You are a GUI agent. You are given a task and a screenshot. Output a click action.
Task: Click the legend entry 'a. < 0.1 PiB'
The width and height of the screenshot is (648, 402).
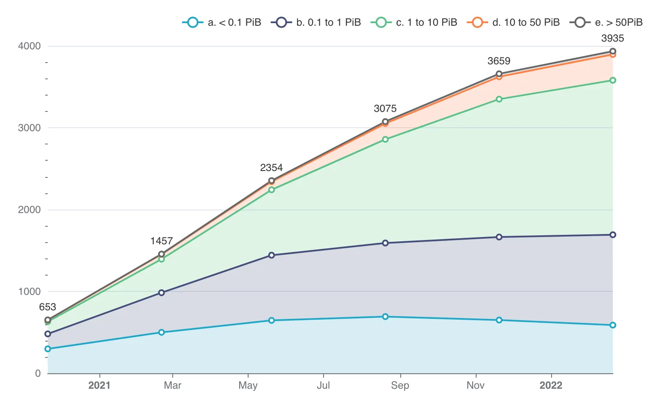(x=222, y=22)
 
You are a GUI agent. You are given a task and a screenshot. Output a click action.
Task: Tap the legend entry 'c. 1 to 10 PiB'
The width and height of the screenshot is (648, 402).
(x=415, y=22)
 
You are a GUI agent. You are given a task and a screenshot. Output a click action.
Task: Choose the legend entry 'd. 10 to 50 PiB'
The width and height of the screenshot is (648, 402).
(x=514, y=22)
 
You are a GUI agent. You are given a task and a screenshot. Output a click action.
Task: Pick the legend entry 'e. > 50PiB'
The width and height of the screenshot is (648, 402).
(x=606, y=22)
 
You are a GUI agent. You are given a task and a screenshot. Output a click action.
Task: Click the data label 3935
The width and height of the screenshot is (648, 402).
(x=612, y=38)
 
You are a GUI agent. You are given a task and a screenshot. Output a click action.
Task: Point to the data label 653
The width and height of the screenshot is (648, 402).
(x=48, y=307)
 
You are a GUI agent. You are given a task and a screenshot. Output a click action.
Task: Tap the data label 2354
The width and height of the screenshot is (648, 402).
(x=271, y=168)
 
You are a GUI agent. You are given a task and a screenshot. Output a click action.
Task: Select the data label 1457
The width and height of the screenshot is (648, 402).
(x=162, y=241)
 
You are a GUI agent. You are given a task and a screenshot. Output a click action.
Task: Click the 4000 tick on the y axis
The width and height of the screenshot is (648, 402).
(x=29, y=46)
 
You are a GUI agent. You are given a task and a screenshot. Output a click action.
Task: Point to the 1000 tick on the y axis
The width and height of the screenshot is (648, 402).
(x=29, y=291)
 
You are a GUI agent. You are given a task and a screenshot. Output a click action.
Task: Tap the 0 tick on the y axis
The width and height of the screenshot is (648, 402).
(x=38, y=373)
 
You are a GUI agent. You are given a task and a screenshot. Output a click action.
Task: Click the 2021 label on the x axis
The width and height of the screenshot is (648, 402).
(x=99, y=385)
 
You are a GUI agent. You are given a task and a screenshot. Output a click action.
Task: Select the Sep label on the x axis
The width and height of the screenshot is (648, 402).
(x=400, y=385)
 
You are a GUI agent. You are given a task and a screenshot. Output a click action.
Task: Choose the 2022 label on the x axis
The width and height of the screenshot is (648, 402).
(x=551, y=385)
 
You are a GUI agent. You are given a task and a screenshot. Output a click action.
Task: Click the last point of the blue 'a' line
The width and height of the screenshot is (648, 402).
(x=612, y=325)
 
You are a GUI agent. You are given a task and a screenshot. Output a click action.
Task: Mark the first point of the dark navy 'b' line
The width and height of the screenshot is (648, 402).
(x=48, y=334)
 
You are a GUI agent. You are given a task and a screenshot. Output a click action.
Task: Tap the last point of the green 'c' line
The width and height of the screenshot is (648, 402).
(x=612, y=80)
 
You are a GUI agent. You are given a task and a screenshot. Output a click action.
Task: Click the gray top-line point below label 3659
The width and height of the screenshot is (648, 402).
(x=499, y=74)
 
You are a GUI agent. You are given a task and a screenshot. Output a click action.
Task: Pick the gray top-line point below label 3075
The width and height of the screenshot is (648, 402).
(x=385, y=121)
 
